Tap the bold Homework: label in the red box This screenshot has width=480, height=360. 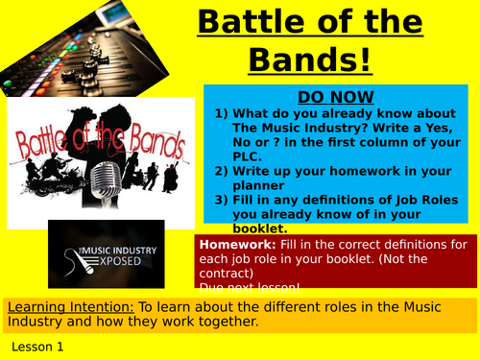[232, 245]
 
